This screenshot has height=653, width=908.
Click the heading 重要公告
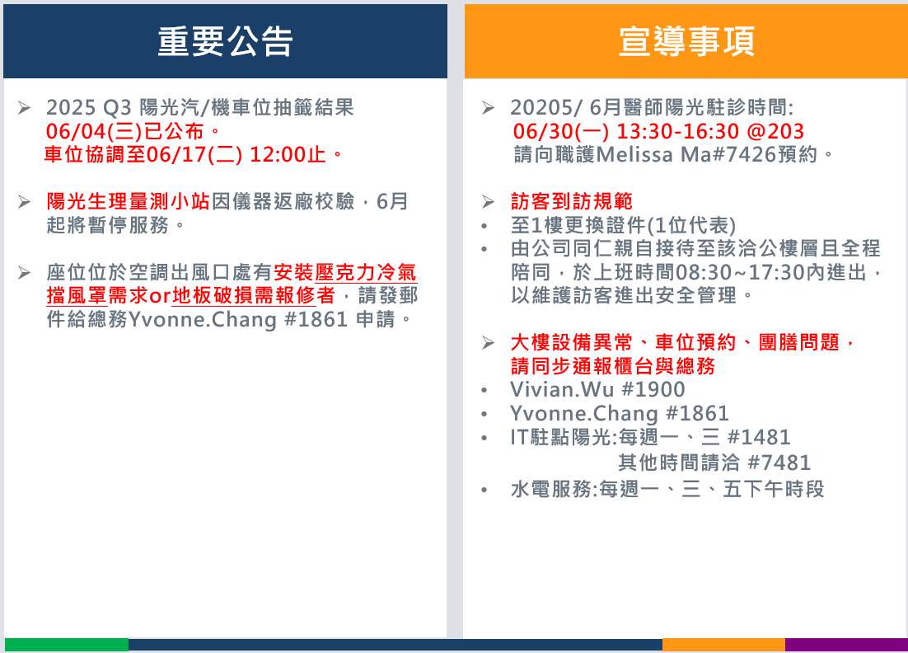[x=225, y=42]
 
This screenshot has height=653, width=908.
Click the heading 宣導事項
[x=687, y=42]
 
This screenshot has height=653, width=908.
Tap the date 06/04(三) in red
[x=94, y=132]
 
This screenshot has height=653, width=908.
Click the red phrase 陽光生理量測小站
[x=128, y=202]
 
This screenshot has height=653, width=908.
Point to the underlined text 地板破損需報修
[x=244, y=295]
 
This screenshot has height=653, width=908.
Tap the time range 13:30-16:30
[x=677, y=132]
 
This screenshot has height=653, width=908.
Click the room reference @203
[x=775, y=132]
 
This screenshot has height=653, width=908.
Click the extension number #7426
[x=748, y=155]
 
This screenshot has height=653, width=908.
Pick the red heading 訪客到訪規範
[x=572, y=202]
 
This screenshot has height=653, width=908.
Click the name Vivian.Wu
[x=562, y=389]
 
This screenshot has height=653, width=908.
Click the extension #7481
[x=779, y=463]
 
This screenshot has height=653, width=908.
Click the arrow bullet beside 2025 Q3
[x=25, y=108]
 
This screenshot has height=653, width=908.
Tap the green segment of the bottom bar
[x=67, y=645]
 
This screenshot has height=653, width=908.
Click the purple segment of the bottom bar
[x=847, y=645]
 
